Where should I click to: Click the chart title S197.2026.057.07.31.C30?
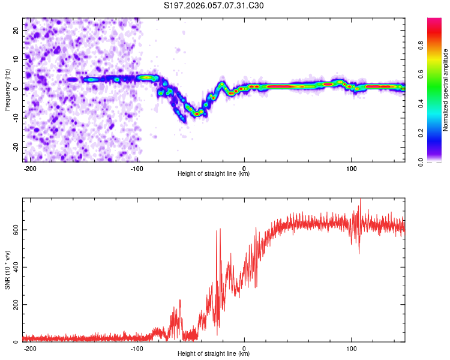(x=214, y=6)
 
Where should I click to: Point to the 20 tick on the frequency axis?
(x=16, y=29)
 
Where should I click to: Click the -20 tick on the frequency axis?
(x=15, y=148)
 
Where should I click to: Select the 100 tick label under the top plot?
(x=351, y=168)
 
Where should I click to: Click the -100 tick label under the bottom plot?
(x=137, y=348)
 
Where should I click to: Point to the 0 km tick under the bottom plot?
(x=244, y=348)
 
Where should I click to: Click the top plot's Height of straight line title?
(x=214, y=174)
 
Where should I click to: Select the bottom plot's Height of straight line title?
(x=214, y=354)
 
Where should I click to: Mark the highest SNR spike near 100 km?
(x=360, y=200)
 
